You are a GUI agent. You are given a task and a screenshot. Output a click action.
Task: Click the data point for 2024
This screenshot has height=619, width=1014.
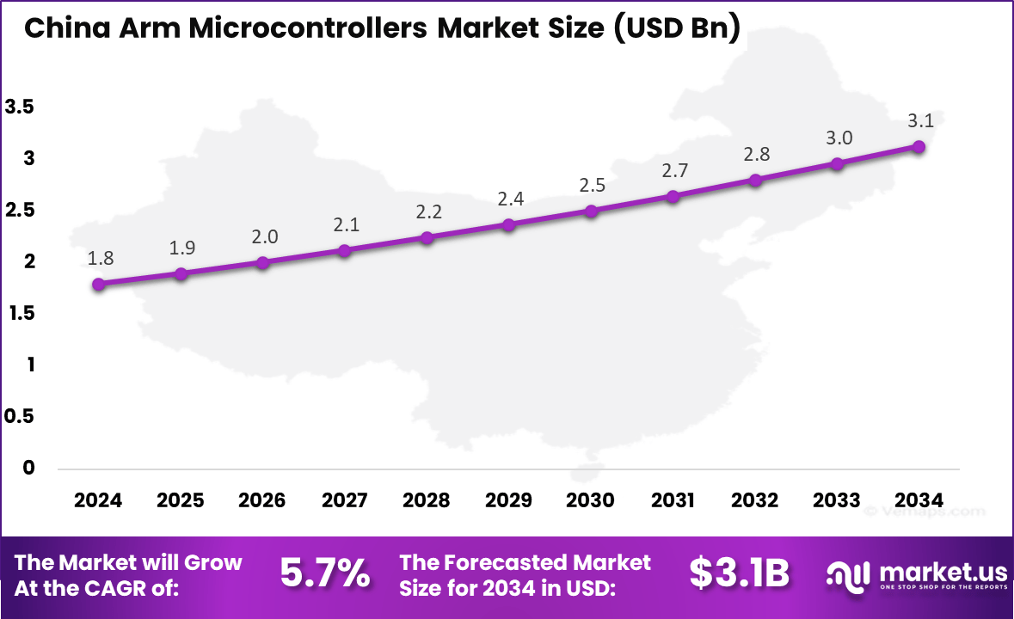point(99,284)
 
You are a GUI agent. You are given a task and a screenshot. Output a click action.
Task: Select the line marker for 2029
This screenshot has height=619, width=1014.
point(508,225)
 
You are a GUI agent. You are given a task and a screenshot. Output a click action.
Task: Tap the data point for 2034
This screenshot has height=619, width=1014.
point(919,147)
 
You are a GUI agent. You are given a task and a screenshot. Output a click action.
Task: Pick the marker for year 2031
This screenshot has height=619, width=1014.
point(673,196)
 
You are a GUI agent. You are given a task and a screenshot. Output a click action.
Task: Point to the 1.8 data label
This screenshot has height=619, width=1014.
point(100,257)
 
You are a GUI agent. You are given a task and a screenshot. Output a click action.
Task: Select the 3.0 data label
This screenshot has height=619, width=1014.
point(839,138)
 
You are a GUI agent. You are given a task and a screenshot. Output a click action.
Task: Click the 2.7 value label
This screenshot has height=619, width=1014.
point(674,170)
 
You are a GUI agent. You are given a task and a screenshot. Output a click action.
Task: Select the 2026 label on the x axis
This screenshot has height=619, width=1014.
point(262,500)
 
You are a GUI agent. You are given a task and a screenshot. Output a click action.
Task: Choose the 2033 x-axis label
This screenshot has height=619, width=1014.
point(837,500)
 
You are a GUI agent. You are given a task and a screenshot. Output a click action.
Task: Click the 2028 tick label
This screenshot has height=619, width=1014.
point(427,500)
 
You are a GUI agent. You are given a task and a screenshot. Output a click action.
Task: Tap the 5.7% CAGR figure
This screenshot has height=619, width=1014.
point(325,573)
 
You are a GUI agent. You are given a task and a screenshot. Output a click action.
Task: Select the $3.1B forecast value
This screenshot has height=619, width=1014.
point(739,573)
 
